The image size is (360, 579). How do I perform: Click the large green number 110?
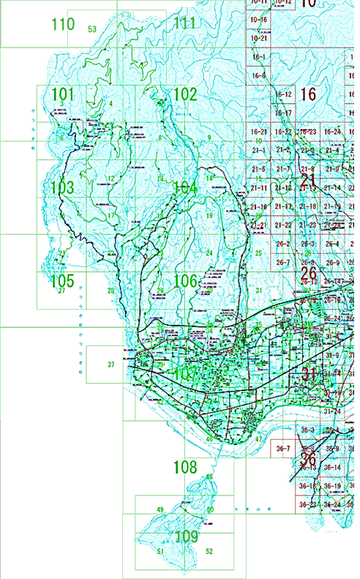pyautogui.click(x=63, y=24)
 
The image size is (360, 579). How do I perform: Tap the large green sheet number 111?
pyautogui.click(x=184, y=23)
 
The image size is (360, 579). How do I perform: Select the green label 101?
pyautogui.click(x=63, y=94)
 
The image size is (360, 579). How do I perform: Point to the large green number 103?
pyautogui.click(x=63, y=187)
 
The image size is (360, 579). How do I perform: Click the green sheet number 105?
pyautogui.click(x=63, y=280)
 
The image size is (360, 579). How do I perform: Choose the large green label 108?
pyautogui.click(x=184, y=466)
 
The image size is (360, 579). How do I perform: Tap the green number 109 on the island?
pyautogui.click(x=186, y=537)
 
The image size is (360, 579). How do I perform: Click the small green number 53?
pyautogui.click(x=92, y=29)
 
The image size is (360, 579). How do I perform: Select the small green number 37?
pyautogui.click(x=111, y=365)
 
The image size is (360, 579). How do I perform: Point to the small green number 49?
pyautogui.click(x=160, y=509)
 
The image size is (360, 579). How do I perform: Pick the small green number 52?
pyautogui.click(x=209, y=551)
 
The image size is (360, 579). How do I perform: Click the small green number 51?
pyautogui.click(x=160, y=551)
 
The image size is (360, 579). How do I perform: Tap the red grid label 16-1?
pyautogui.click(x=258, y=57)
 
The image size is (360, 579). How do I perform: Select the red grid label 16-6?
pyautogui.click(x=258, y=76)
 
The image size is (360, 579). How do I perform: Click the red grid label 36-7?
pyautogui.click(x=283, y=448)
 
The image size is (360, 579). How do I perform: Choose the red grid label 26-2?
pyautogui.click(x=283, y=244)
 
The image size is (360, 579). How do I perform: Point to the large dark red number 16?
pyautogui.click(x=308, y=94)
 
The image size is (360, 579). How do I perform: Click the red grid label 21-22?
pyautogui.click(x=283, y=225)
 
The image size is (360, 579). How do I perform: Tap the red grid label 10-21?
pyautogui.click(x=258, y=38)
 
